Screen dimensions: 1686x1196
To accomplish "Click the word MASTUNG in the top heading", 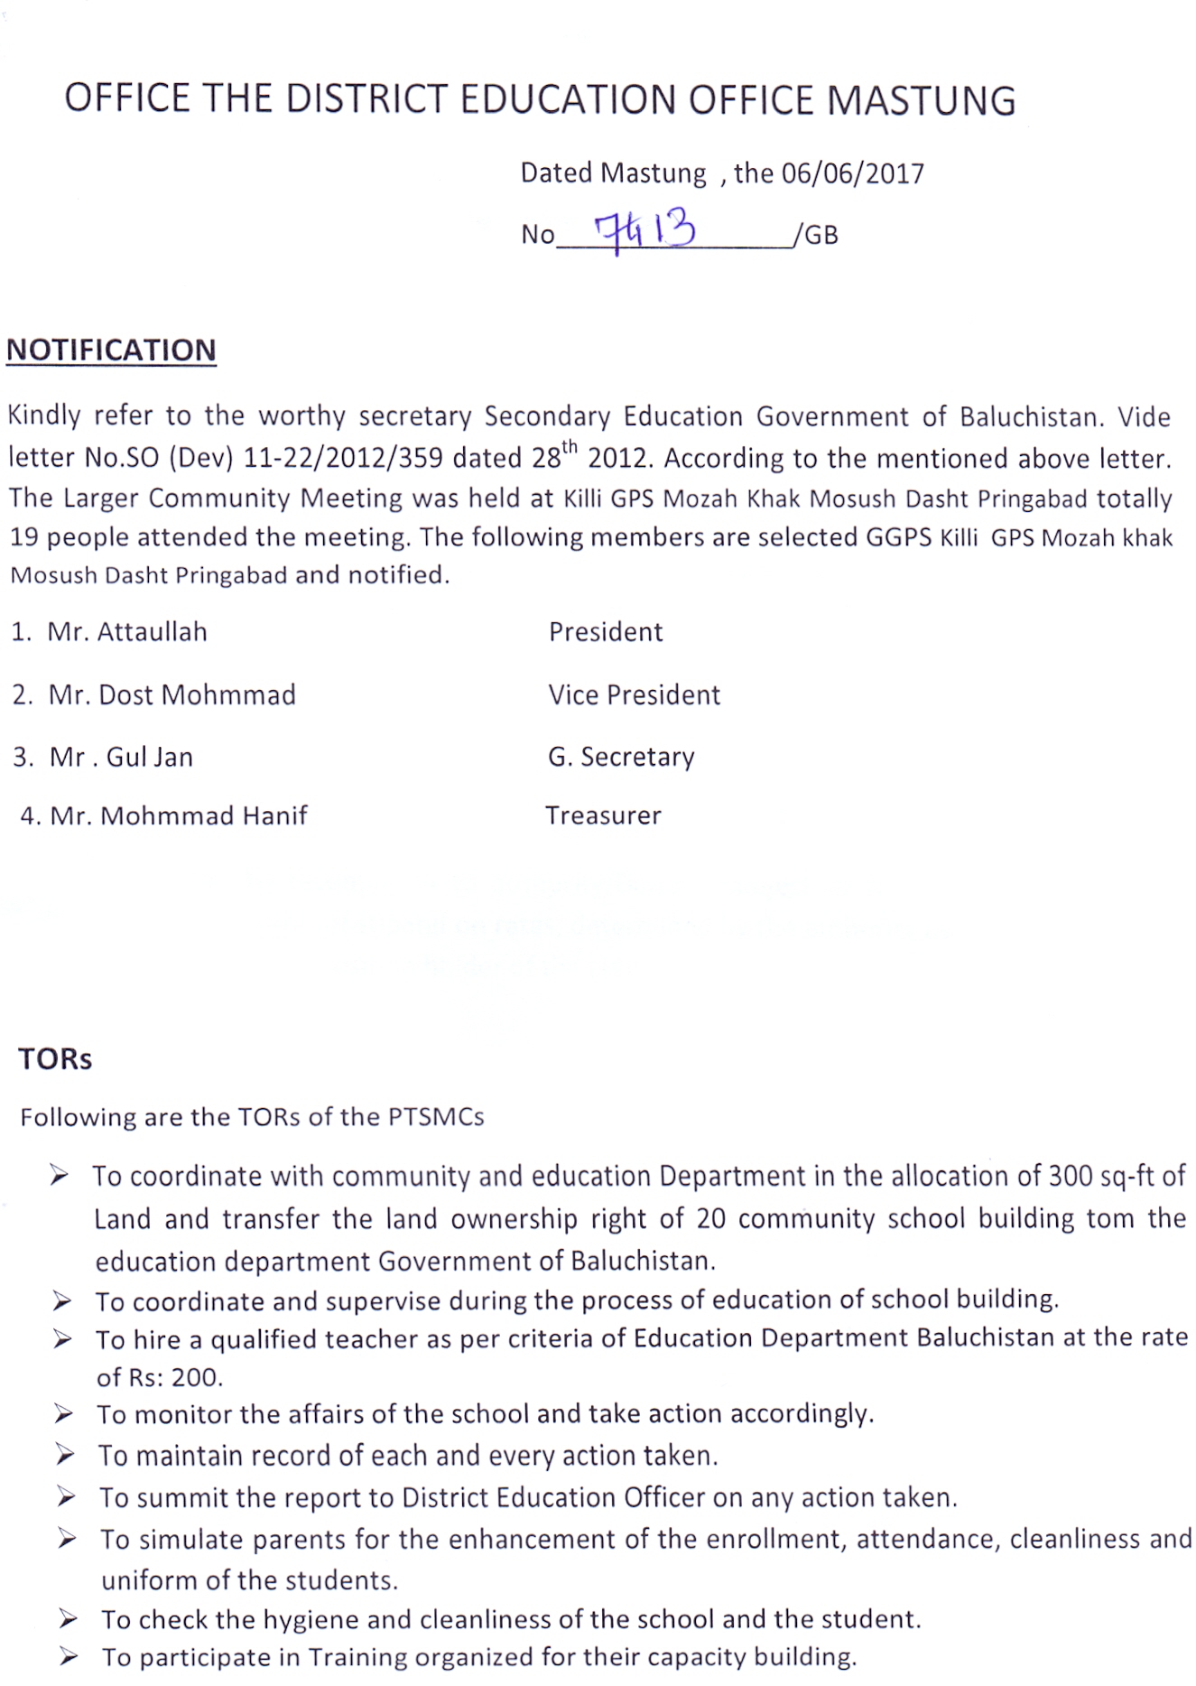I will pos(921,100).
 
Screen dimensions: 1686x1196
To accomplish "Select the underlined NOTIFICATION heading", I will pos(111,350).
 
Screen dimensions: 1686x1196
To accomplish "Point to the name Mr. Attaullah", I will pos(127,632).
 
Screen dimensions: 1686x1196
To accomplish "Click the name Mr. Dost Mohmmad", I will pos(172,695).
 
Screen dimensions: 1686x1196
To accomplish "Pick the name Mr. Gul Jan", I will pos(121,757).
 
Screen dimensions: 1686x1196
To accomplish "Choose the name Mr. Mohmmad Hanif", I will pos(179,816).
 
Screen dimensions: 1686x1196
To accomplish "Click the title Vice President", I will pos(634,695).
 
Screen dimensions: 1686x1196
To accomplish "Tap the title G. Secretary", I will pos(621,757).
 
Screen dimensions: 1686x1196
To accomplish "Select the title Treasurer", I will pos(603,816).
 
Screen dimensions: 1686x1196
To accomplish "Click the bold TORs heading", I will pos(55,1059).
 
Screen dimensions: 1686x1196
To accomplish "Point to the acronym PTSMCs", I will pos(436,1117).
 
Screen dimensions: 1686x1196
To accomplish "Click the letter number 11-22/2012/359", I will pos(343,459).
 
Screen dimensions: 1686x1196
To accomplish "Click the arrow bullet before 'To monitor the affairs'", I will pos(63,1414).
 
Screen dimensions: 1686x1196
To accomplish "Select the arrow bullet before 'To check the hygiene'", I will pos(68,1620).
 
